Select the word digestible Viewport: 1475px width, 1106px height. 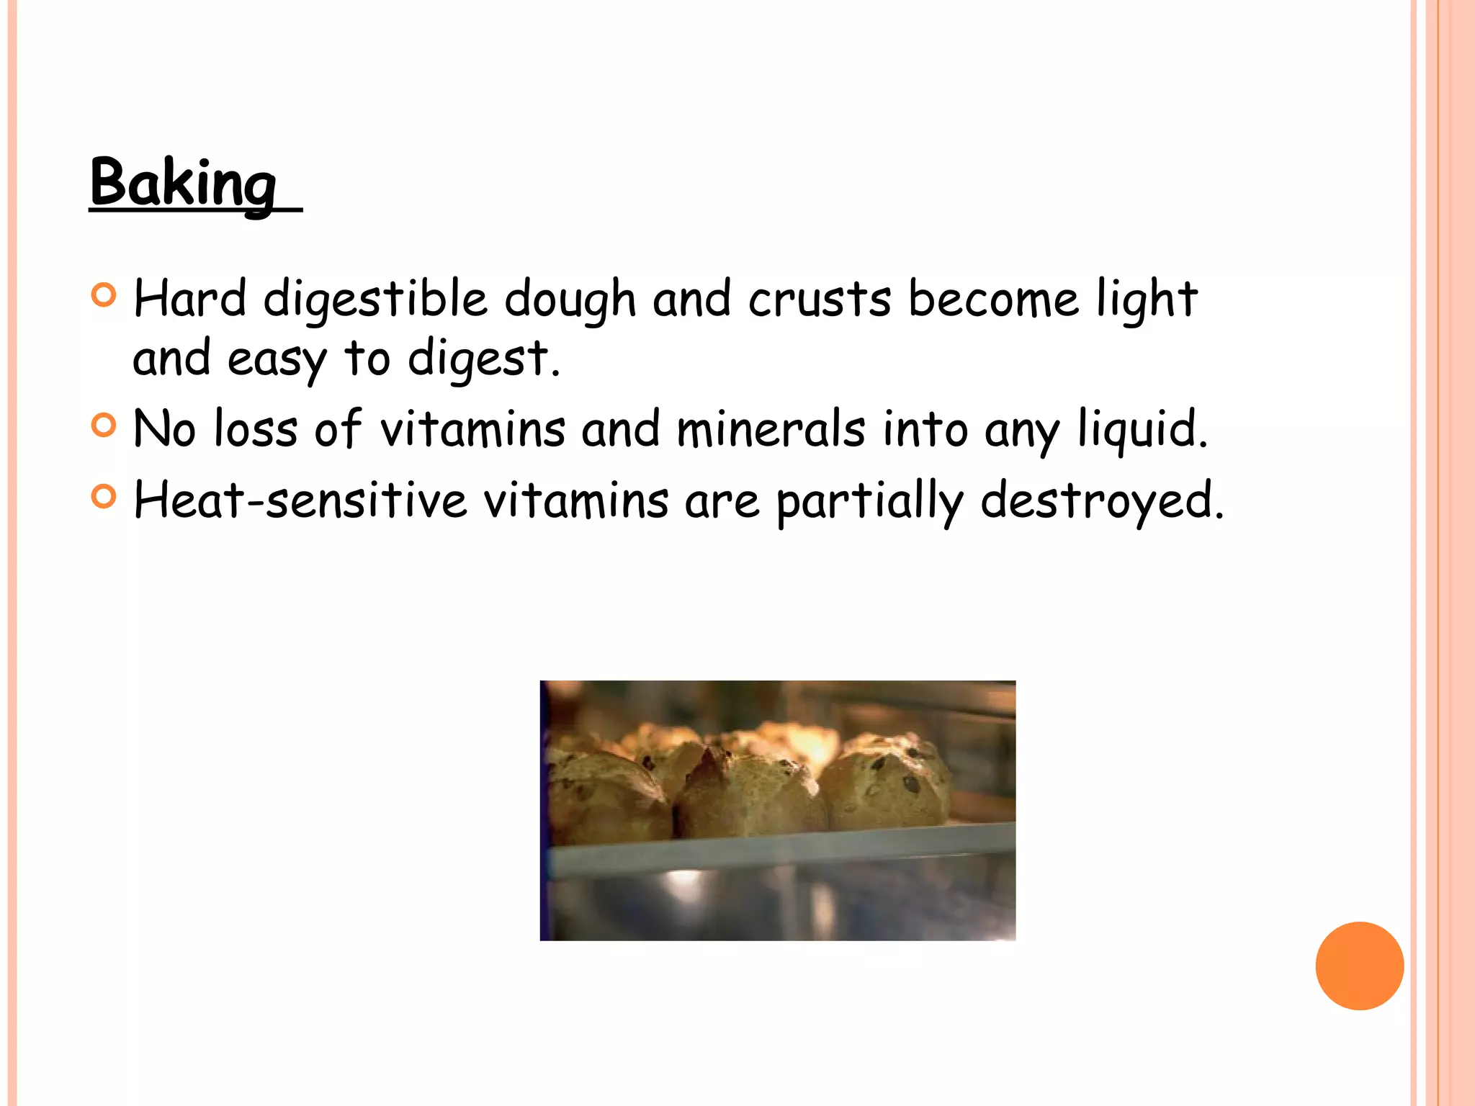(375, 300)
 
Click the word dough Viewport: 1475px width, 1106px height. (570, 300)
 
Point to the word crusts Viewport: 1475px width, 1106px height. (820, 300)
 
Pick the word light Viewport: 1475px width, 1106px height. (1147, 300)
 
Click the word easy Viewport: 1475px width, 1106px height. (277, 359)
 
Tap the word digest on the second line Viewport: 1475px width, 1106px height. (478, 359)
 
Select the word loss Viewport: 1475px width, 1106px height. (256, 429)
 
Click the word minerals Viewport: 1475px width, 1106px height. (771, 429)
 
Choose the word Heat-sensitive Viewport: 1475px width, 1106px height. (300, 500)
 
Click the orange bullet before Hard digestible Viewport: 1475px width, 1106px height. (104, 295)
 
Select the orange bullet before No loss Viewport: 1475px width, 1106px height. (104, 426)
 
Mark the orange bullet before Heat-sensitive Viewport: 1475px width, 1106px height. (104, 497)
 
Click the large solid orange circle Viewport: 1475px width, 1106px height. (1359, 966)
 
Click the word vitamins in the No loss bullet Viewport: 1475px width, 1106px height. (472, 429)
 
